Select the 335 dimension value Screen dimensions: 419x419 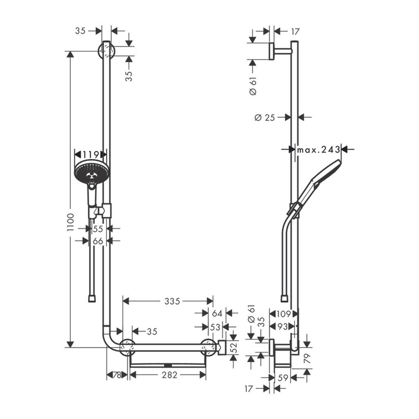[x=172, y=302]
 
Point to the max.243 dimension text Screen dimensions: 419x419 [x=318, y=150]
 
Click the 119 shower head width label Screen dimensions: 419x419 [x=90, y=155]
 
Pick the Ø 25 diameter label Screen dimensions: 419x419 [x=264, y=117]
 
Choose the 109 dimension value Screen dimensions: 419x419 [x=282, y=314]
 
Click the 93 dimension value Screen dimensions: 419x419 [x=282, y=327]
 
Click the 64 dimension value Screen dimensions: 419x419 [x=217, y=314]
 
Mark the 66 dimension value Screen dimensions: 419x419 [x=98, y=241]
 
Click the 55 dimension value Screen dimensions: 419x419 [x=98, y=229]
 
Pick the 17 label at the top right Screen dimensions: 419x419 [x=295, y=31]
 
